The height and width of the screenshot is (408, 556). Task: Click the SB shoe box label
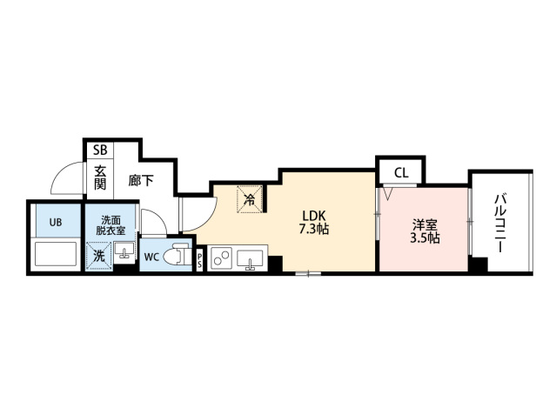(100, 150)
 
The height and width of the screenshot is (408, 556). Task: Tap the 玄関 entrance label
(100, 178)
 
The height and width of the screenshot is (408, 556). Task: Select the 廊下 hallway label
(141, 181)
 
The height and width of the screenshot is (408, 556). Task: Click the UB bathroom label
(56, 222)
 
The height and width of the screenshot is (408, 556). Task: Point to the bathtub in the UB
(56, 254)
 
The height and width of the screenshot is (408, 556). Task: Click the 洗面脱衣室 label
(111, 225)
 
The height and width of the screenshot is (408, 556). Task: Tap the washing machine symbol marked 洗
(99, 255)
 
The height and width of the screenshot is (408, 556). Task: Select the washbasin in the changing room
(124, 251)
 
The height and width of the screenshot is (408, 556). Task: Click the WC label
(151, 257)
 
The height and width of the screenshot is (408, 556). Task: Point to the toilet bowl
(178, 255)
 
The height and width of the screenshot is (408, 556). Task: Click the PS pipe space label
(199, 260)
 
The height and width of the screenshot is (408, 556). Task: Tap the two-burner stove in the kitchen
(222, 258)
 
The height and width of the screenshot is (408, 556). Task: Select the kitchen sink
(250, 259)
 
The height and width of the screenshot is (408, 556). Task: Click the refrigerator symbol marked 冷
(250, 199)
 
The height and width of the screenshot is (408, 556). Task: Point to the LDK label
(313, 215)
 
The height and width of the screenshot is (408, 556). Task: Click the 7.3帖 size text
(314, 230)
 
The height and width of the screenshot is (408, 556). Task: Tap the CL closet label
(401, 173)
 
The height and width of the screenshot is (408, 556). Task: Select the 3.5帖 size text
(425, 238)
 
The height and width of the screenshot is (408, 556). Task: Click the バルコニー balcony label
(500, 223)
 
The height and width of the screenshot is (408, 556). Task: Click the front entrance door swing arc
(59, 171)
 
